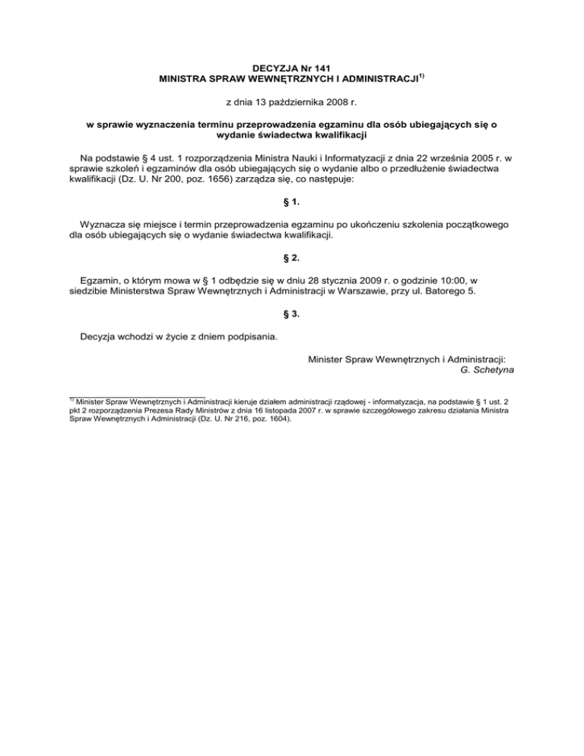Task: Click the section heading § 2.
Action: (292, 259)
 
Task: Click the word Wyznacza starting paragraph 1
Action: (105, 226)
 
